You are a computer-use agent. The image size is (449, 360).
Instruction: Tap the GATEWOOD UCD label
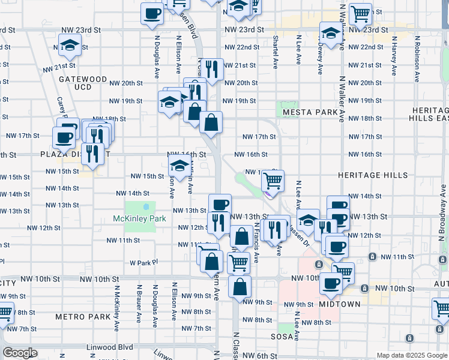83,83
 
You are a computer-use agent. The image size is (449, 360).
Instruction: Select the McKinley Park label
139,219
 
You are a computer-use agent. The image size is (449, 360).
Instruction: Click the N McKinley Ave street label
114,301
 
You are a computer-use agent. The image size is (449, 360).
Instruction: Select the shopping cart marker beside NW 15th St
273,180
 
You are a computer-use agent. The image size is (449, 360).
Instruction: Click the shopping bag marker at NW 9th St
240,287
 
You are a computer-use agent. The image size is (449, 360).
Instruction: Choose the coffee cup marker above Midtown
330,283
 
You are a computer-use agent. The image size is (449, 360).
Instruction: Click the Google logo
20,353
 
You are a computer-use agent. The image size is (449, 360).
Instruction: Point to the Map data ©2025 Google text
412,355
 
